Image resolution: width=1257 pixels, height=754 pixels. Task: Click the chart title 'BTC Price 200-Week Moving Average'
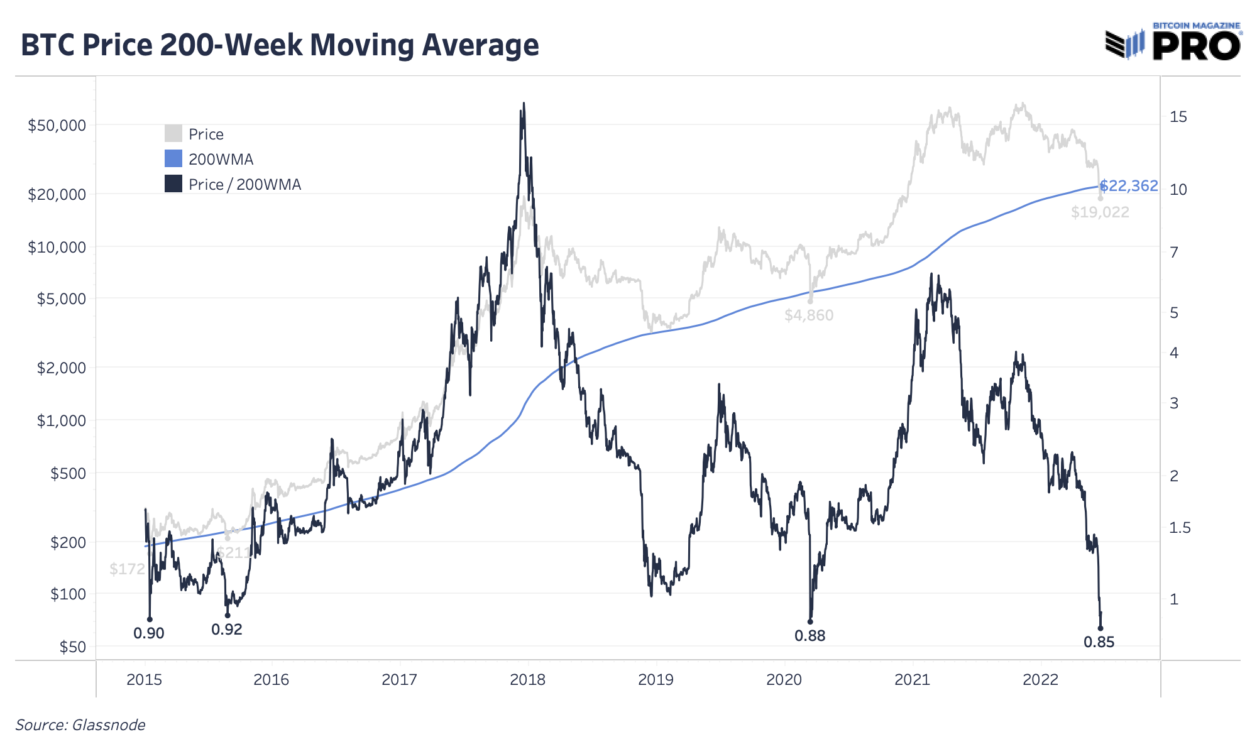point(280,45)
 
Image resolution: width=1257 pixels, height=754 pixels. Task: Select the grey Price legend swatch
point(173,134)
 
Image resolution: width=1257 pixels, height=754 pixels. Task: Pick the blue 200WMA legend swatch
point(173,159)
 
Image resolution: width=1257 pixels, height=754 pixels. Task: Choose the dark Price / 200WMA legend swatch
point(173,184)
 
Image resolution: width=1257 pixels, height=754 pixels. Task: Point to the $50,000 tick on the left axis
point(57,125)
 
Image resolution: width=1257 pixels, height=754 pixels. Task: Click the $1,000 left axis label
point(61,420)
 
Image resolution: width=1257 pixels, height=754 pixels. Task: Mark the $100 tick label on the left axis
point(68,594)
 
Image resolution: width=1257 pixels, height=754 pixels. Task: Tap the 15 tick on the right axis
point(1178,116)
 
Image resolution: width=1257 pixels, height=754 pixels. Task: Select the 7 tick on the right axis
point(1173,252)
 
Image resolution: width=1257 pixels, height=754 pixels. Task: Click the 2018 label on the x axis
point(528,679)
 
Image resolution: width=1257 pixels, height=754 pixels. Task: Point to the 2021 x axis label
point(912,679)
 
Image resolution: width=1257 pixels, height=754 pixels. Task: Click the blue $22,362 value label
point(1129,186)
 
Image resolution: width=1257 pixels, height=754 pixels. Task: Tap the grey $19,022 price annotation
point(1100,212)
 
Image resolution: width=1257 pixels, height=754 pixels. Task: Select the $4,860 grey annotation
point(809,315)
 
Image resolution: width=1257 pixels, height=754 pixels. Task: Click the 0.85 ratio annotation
point(1099,642)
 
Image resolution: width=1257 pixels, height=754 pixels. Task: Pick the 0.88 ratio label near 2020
point(810,636)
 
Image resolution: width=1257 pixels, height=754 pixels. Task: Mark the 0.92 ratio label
point(227,630)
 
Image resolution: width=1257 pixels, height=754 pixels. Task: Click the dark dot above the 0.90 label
point(150,620)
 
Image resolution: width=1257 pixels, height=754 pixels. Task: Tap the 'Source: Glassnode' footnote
point(80,725)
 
